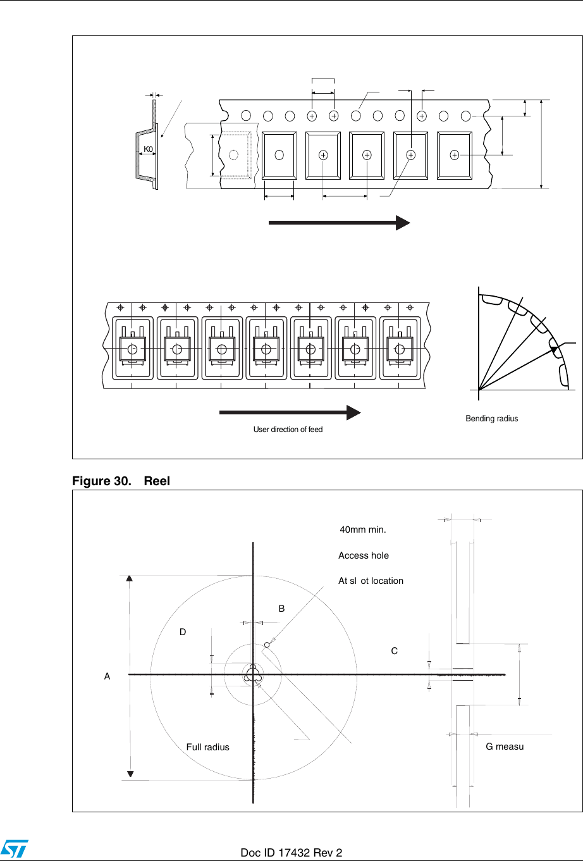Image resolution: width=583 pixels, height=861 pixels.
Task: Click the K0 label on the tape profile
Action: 147,149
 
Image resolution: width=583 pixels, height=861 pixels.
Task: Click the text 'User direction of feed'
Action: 288,430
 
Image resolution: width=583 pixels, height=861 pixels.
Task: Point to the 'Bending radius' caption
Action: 491,419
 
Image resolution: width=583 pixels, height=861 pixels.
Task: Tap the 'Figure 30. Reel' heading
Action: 121,481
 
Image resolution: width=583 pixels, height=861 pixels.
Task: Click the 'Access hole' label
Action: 364,555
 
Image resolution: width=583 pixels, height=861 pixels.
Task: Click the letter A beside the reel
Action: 107,676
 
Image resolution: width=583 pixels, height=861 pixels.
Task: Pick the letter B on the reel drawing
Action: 282,609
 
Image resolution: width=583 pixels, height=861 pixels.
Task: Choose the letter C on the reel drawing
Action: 395,651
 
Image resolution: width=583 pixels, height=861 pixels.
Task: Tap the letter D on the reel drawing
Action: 183,632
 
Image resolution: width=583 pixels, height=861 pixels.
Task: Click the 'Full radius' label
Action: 207,747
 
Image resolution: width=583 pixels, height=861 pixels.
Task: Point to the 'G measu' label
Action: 505,746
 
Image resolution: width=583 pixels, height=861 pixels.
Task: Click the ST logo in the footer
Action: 12,850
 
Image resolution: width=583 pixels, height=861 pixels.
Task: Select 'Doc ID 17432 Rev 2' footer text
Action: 291,853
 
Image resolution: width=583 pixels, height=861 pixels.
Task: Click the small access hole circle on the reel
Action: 267,645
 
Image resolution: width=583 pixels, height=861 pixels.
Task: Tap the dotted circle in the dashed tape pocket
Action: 233,154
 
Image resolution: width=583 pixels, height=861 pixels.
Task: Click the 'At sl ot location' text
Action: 371,581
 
